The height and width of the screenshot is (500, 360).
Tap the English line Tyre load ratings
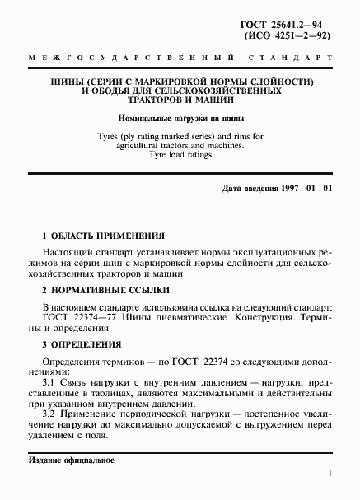tap(179, 155)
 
